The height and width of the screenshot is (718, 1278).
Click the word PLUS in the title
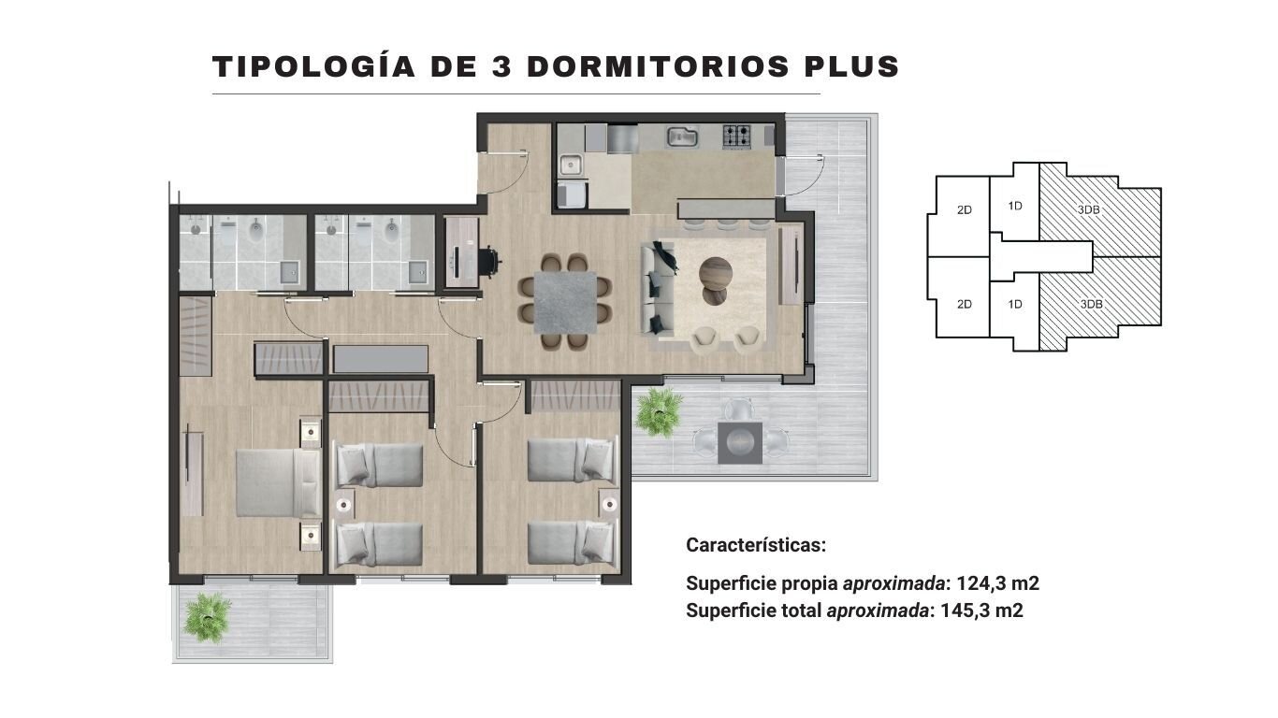point(851,66)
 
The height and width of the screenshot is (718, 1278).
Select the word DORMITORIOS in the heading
point(659,66)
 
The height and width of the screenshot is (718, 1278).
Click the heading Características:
point(756,545)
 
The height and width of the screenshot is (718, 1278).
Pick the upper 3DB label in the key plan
point(1089,209)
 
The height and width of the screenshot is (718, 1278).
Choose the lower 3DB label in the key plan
point(1091,305)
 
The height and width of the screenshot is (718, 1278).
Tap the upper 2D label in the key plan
point(965,209)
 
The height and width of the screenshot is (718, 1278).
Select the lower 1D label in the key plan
point(1015,305)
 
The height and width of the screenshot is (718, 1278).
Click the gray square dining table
point(565,303)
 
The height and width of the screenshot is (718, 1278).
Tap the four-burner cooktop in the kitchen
point(737,137)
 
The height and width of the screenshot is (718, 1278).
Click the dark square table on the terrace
point(740,442)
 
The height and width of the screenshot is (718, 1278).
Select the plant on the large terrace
point(660,411)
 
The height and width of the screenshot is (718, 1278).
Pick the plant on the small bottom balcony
point(208,618)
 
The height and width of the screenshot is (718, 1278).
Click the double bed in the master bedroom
point(279,482)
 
